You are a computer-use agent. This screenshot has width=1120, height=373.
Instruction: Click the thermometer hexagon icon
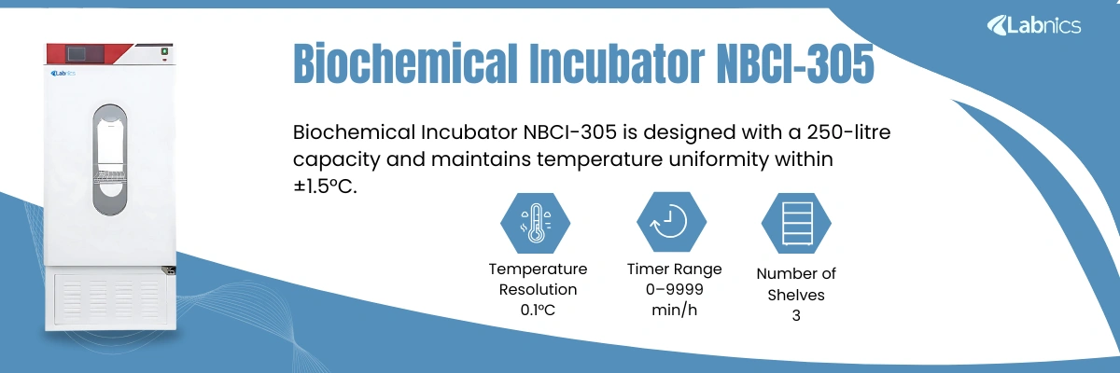(536, 222)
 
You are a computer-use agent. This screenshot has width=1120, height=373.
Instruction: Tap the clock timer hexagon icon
(671, 222)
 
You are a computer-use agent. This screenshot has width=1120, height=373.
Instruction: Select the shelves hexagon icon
(796, 222)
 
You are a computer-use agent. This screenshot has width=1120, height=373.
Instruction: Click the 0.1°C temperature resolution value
(538, 310)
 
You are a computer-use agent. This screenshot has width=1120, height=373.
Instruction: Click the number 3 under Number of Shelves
(796, 316)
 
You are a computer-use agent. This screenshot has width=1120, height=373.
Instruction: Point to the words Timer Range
(674, 269)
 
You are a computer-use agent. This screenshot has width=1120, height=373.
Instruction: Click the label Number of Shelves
(796, 284)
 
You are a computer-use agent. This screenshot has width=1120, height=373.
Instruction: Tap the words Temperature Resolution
(538, 279)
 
